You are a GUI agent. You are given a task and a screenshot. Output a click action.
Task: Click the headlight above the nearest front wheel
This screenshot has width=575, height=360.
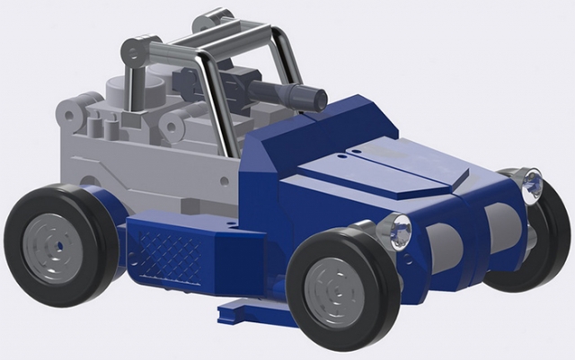coord(395,230)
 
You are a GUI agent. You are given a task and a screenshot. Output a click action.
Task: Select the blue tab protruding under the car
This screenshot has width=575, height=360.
coord(247,312)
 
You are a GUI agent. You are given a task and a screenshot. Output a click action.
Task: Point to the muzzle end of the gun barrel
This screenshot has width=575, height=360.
coord(314,97)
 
